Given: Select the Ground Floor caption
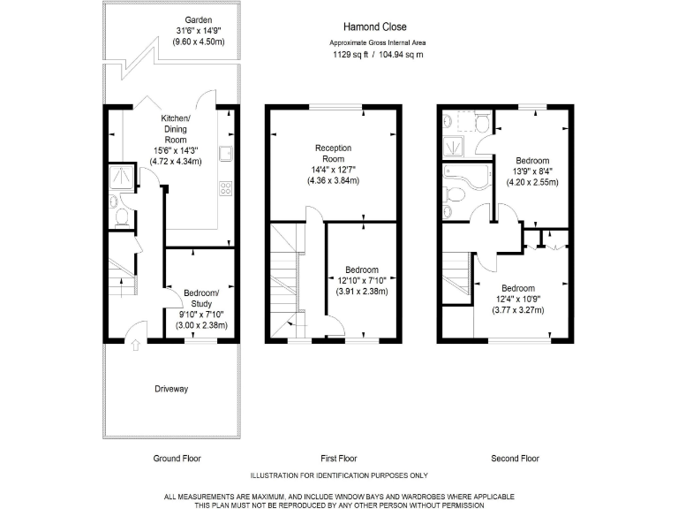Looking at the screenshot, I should pos(177,459).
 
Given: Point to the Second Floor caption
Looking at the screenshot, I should pos(515,459).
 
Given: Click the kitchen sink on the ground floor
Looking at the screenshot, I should pos(225,157).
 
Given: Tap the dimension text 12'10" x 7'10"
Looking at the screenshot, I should pos(362,281).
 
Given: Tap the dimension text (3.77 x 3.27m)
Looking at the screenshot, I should pos(517,310).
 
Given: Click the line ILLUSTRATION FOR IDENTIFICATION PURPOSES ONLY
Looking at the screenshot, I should pos(338,475).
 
